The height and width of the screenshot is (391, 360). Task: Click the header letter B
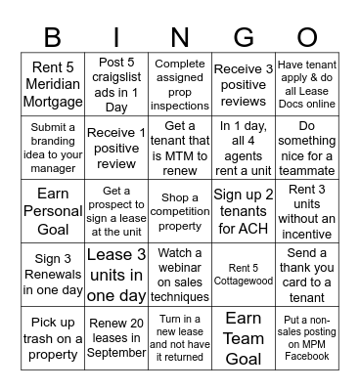coord(52,37)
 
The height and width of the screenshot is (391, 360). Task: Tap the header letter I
coord(116,37)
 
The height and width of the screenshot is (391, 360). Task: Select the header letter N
coord(180,37)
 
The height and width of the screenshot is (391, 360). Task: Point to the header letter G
coord(244,37)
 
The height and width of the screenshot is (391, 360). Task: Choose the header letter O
coord(307,37)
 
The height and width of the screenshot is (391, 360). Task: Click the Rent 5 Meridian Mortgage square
coord(53,85)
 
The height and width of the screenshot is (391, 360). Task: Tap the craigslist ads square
coord(116,85)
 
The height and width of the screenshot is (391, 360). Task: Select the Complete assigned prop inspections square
coord(180,85)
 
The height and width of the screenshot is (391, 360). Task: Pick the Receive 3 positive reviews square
coord(244,85)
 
